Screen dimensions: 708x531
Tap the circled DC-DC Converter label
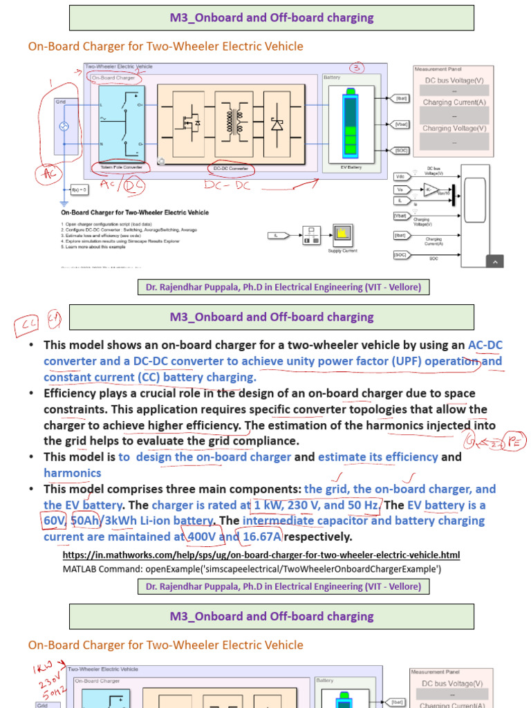click(229, 167)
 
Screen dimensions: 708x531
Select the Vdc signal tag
click(400, 177)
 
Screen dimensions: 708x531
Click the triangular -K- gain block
click(432, 189)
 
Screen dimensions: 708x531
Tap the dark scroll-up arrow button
click(494, 261)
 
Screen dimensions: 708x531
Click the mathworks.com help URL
click(261, 555)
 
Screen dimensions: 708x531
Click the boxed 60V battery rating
click(54, 521)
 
